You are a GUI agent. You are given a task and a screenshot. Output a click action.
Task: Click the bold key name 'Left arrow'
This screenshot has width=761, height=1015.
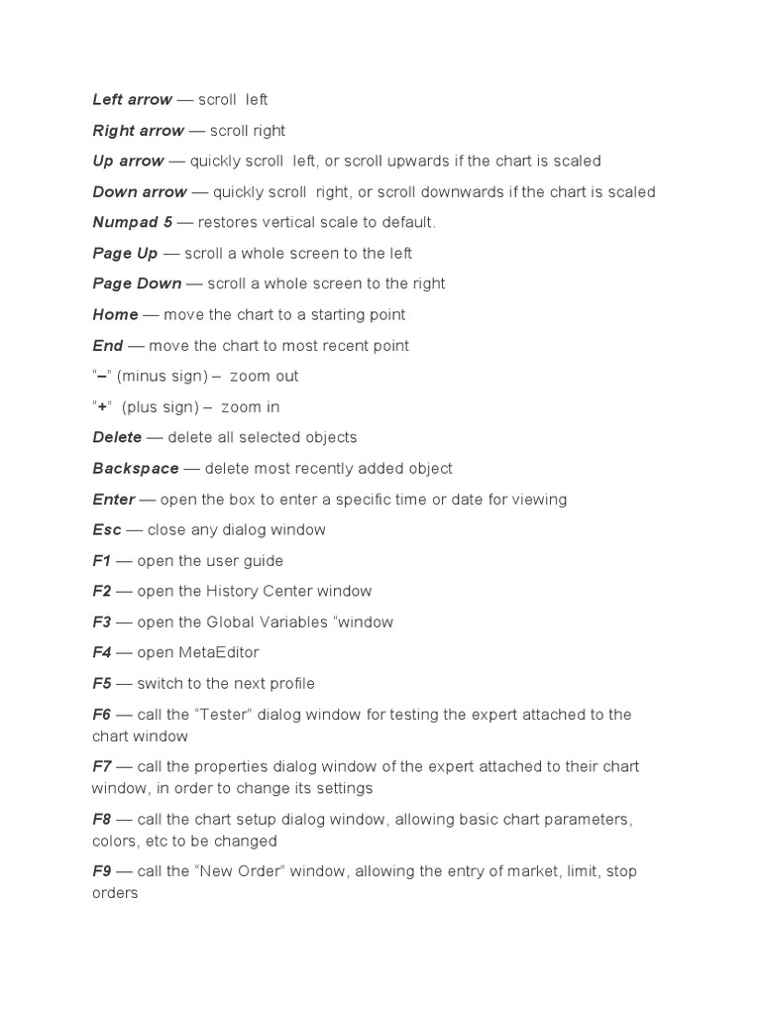click(132, 100)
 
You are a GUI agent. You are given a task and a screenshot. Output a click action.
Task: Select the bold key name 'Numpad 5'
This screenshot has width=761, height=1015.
click(132, 223)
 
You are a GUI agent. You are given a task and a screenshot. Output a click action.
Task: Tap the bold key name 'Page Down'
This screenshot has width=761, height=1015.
click(137, 284)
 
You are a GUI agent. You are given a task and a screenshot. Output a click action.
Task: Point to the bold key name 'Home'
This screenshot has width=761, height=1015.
click(115, 315)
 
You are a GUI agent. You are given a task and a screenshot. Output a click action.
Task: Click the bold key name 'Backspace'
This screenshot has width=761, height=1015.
click(136, 469)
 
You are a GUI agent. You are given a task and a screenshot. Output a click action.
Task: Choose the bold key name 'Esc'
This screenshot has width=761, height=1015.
click(107, 530)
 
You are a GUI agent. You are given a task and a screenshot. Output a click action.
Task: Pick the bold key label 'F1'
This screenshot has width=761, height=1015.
click(102, 561)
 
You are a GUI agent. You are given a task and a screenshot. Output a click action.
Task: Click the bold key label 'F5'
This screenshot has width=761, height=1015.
click(102, 684)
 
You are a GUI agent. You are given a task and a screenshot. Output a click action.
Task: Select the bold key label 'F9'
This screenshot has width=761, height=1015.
click(102, 872)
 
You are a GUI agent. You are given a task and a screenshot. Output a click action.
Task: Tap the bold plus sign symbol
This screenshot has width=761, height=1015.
click(102, 407)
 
